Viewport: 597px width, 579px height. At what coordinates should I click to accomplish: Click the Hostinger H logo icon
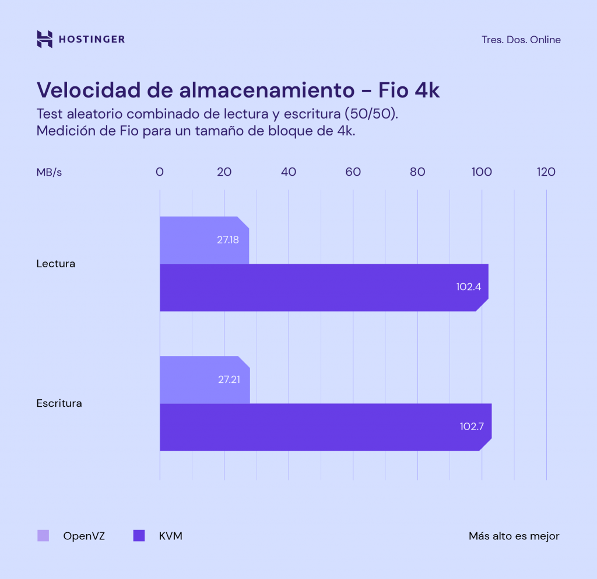tap(45, 39)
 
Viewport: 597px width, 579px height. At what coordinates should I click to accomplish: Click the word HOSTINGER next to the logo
tap(92, 40)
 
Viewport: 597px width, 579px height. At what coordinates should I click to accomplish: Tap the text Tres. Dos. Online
tap(521, 40)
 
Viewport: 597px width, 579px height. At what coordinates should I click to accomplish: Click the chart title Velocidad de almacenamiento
tap(195, 90)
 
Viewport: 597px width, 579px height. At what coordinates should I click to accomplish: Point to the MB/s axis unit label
tap(49, 172)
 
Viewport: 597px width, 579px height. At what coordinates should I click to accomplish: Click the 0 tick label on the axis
tap(160, 172)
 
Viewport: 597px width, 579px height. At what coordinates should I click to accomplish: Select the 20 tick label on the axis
tap(224, 172)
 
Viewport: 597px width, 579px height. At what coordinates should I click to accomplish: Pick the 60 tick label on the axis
tap(353, 172)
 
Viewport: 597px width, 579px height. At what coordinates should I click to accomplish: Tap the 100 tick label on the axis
tap(481, 172)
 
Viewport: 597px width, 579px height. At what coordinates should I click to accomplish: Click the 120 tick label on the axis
tap(546, 172)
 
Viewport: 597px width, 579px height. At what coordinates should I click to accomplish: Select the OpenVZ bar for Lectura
tap(198, 240)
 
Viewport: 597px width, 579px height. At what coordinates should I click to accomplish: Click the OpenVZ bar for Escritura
tap(198, 379)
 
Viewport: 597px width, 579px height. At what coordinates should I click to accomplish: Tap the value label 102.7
tap(472, 427)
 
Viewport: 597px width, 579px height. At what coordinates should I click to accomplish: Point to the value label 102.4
tap(468, 287)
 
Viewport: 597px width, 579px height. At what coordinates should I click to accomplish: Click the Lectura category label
tap(55, 264)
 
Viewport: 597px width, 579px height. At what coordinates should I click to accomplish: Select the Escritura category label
tap(59, 403)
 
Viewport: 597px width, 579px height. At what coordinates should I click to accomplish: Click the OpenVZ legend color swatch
tap(43, 536)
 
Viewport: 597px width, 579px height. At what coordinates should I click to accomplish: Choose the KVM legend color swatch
tap(139, 536)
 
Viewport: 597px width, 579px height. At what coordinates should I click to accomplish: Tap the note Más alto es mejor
tap(514, 536)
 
